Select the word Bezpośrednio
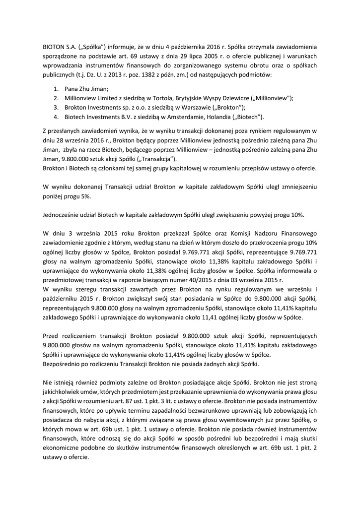click(65, 364)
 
